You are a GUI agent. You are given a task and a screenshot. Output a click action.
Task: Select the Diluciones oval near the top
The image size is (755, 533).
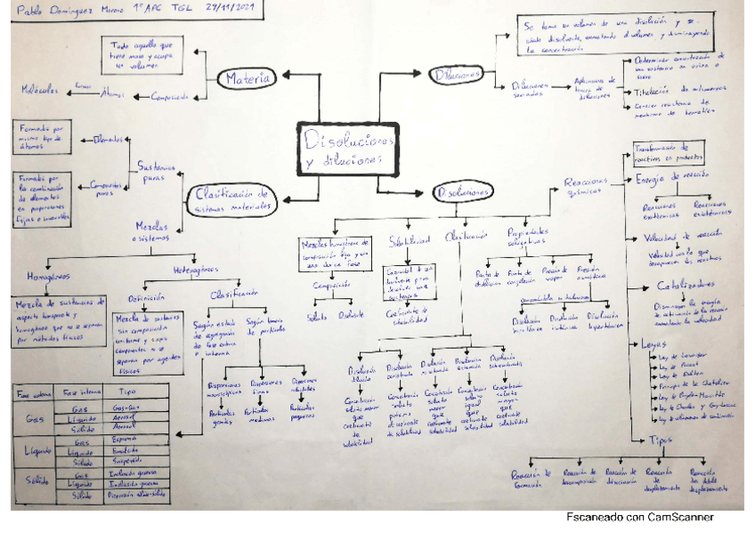coord(455,75)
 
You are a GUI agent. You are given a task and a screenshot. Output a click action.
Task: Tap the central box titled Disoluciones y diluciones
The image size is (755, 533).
coord(346,149)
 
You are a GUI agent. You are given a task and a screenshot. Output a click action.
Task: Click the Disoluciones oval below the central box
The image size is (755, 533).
coord(462,192)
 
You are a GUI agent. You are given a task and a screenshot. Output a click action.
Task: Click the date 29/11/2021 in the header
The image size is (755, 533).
coord(231,7)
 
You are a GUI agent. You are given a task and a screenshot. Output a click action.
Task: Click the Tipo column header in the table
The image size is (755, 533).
coord(127,392)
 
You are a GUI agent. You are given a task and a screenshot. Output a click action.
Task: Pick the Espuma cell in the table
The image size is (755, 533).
coord(125,440)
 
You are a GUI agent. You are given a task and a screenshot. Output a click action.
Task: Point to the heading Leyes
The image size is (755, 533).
coord(654,343)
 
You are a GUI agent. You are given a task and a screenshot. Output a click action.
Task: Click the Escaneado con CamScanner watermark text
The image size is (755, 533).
coord(639,517)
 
